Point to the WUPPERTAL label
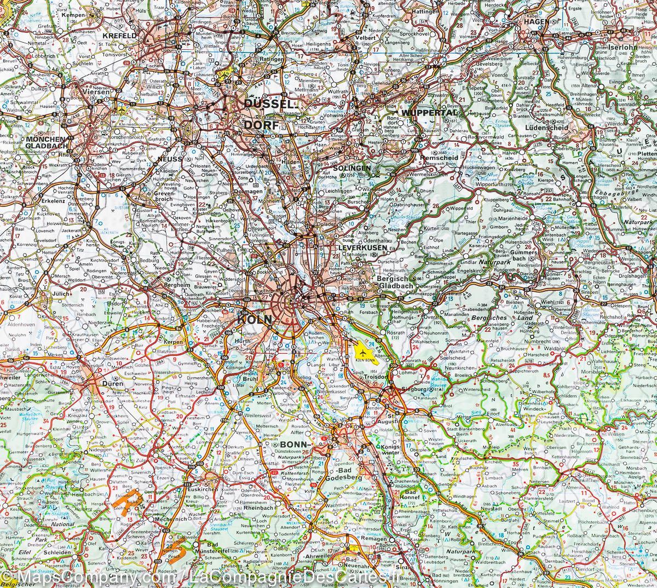tap(429, 113)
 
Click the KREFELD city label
tap(118, 36)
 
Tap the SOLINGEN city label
tap(354, 168)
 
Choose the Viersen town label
tap(95, 93)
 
